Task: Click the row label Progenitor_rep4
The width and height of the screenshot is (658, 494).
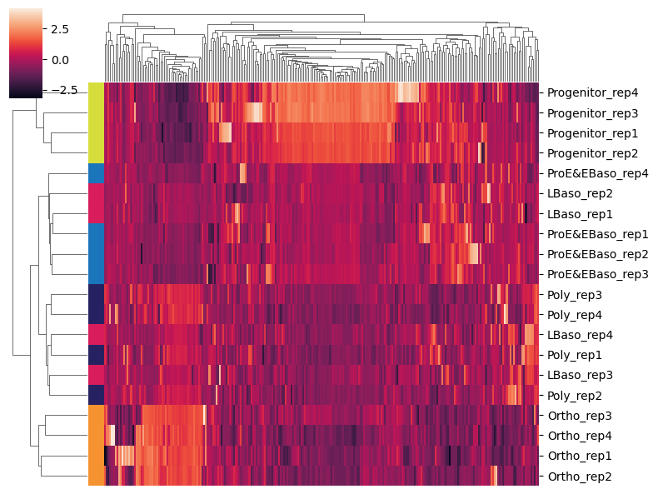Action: pos(586,92)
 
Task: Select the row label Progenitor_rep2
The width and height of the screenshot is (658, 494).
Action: pos(586,153)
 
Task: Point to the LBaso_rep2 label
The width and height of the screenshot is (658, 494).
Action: pos(575,193)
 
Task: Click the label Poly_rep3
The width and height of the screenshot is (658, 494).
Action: pos(573,295)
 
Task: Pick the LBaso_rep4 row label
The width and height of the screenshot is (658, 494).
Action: pos(575,335)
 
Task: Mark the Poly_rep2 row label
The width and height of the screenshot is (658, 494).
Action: pos(573,396)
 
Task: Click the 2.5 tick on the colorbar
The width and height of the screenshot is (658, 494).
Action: pos(59,29)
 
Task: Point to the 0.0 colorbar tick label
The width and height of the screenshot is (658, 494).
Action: pos(59,60)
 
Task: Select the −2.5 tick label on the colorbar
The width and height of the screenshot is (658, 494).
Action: pos(56,90)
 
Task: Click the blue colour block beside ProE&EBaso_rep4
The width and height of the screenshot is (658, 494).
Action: pos(96,173)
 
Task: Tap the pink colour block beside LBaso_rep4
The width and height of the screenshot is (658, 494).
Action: pos(96,335)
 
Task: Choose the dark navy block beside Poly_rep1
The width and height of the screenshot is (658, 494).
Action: pos(96,355)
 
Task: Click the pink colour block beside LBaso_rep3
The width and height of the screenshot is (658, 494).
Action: pos(96,376)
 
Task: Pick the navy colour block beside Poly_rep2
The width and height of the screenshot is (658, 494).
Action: pos(96,396)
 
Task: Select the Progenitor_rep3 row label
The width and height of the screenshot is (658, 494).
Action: pos(586,112)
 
